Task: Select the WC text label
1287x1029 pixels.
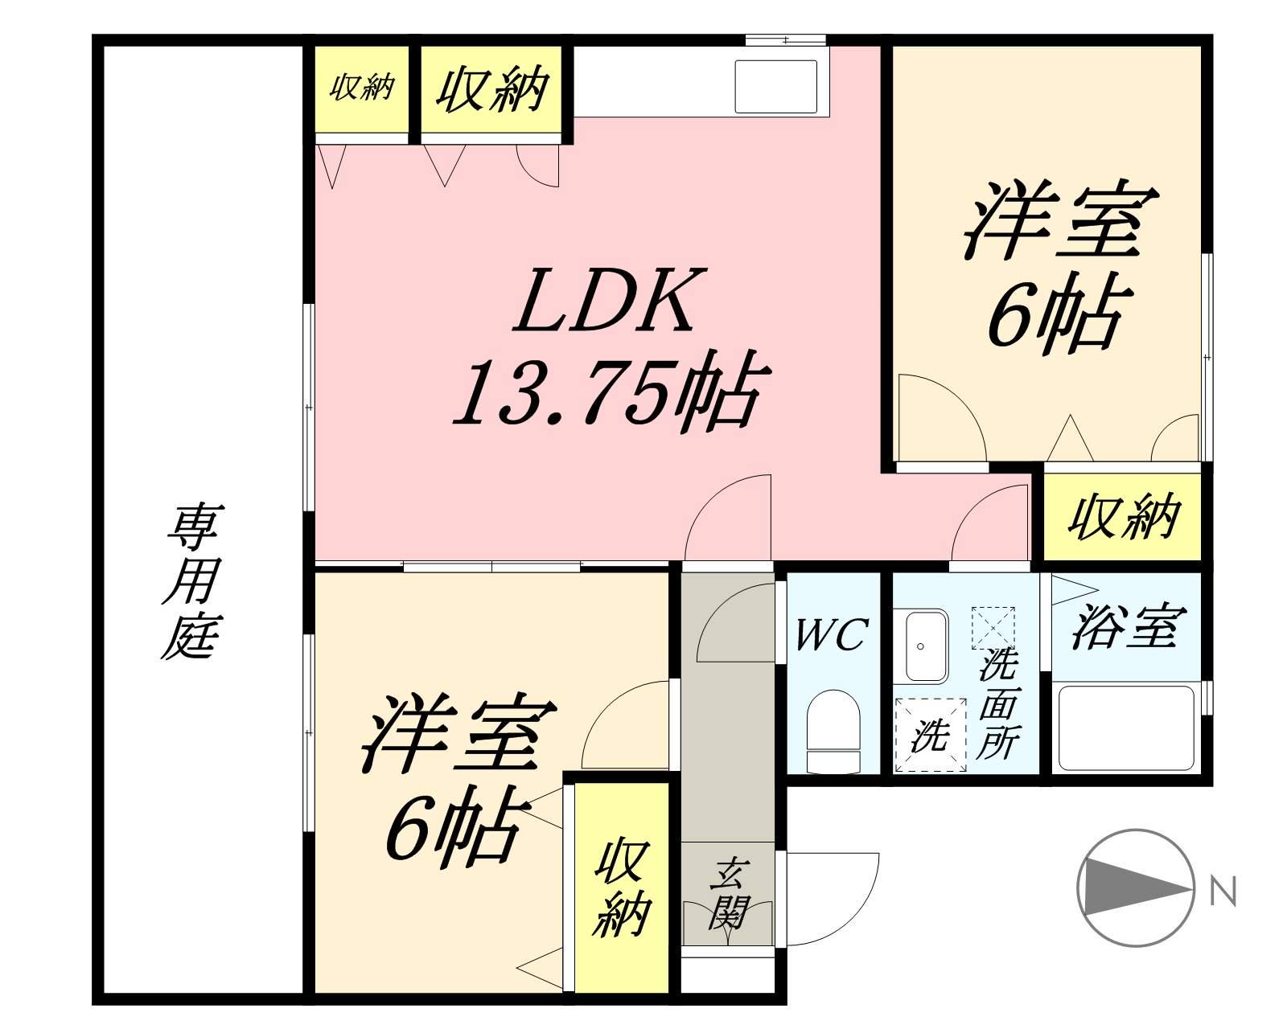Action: [831, 635]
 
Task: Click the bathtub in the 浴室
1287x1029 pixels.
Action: [1125, 728]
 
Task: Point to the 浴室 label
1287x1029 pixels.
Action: [1127, 626]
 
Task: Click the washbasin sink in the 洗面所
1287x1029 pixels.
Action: [927, 646]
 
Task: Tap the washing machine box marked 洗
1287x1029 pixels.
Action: [931, 735]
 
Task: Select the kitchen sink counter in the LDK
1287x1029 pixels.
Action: [777, 88]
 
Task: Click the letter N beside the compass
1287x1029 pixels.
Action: [1223, 891]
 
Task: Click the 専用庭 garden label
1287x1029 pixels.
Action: [193, 580]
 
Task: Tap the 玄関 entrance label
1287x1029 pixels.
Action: [728, 893]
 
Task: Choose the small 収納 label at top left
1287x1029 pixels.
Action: [362, 87]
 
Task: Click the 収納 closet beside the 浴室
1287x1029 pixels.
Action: [1123, 517]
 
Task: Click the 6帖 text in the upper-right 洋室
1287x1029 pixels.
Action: [1054, 316]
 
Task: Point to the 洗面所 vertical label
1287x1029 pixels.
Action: [998, 704]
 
